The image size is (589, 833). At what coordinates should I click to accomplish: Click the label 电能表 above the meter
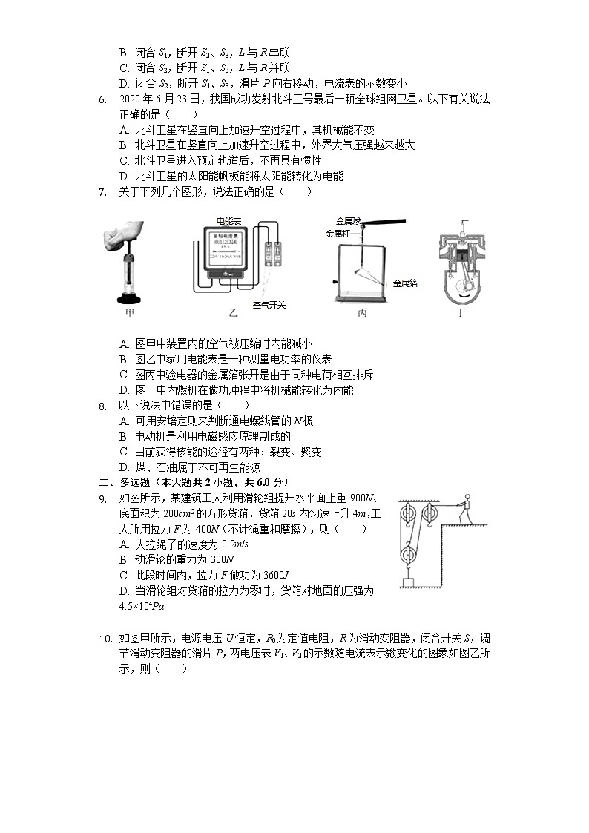(228, 221)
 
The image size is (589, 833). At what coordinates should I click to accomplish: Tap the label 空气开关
(269, 304)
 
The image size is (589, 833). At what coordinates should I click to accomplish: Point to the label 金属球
(348, 221)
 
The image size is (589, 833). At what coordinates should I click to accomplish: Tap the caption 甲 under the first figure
(131, 313)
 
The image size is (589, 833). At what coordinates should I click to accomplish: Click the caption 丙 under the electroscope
(362, 313)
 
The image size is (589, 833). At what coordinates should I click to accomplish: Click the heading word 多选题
(136, 482)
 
